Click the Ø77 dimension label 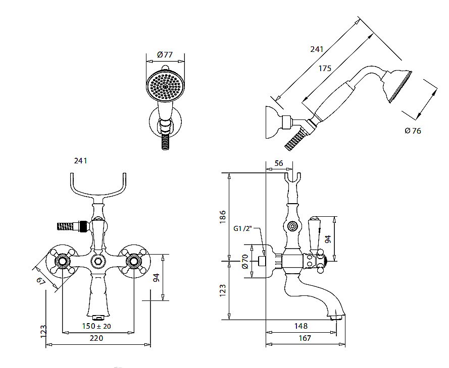165,54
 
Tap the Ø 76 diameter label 413,131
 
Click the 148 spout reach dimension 302,326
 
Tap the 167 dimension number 305,339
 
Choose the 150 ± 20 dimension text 96,326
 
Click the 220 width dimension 96,338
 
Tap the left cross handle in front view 62,261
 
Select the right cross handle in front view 134,261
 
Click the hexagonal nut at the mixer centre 97,261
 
